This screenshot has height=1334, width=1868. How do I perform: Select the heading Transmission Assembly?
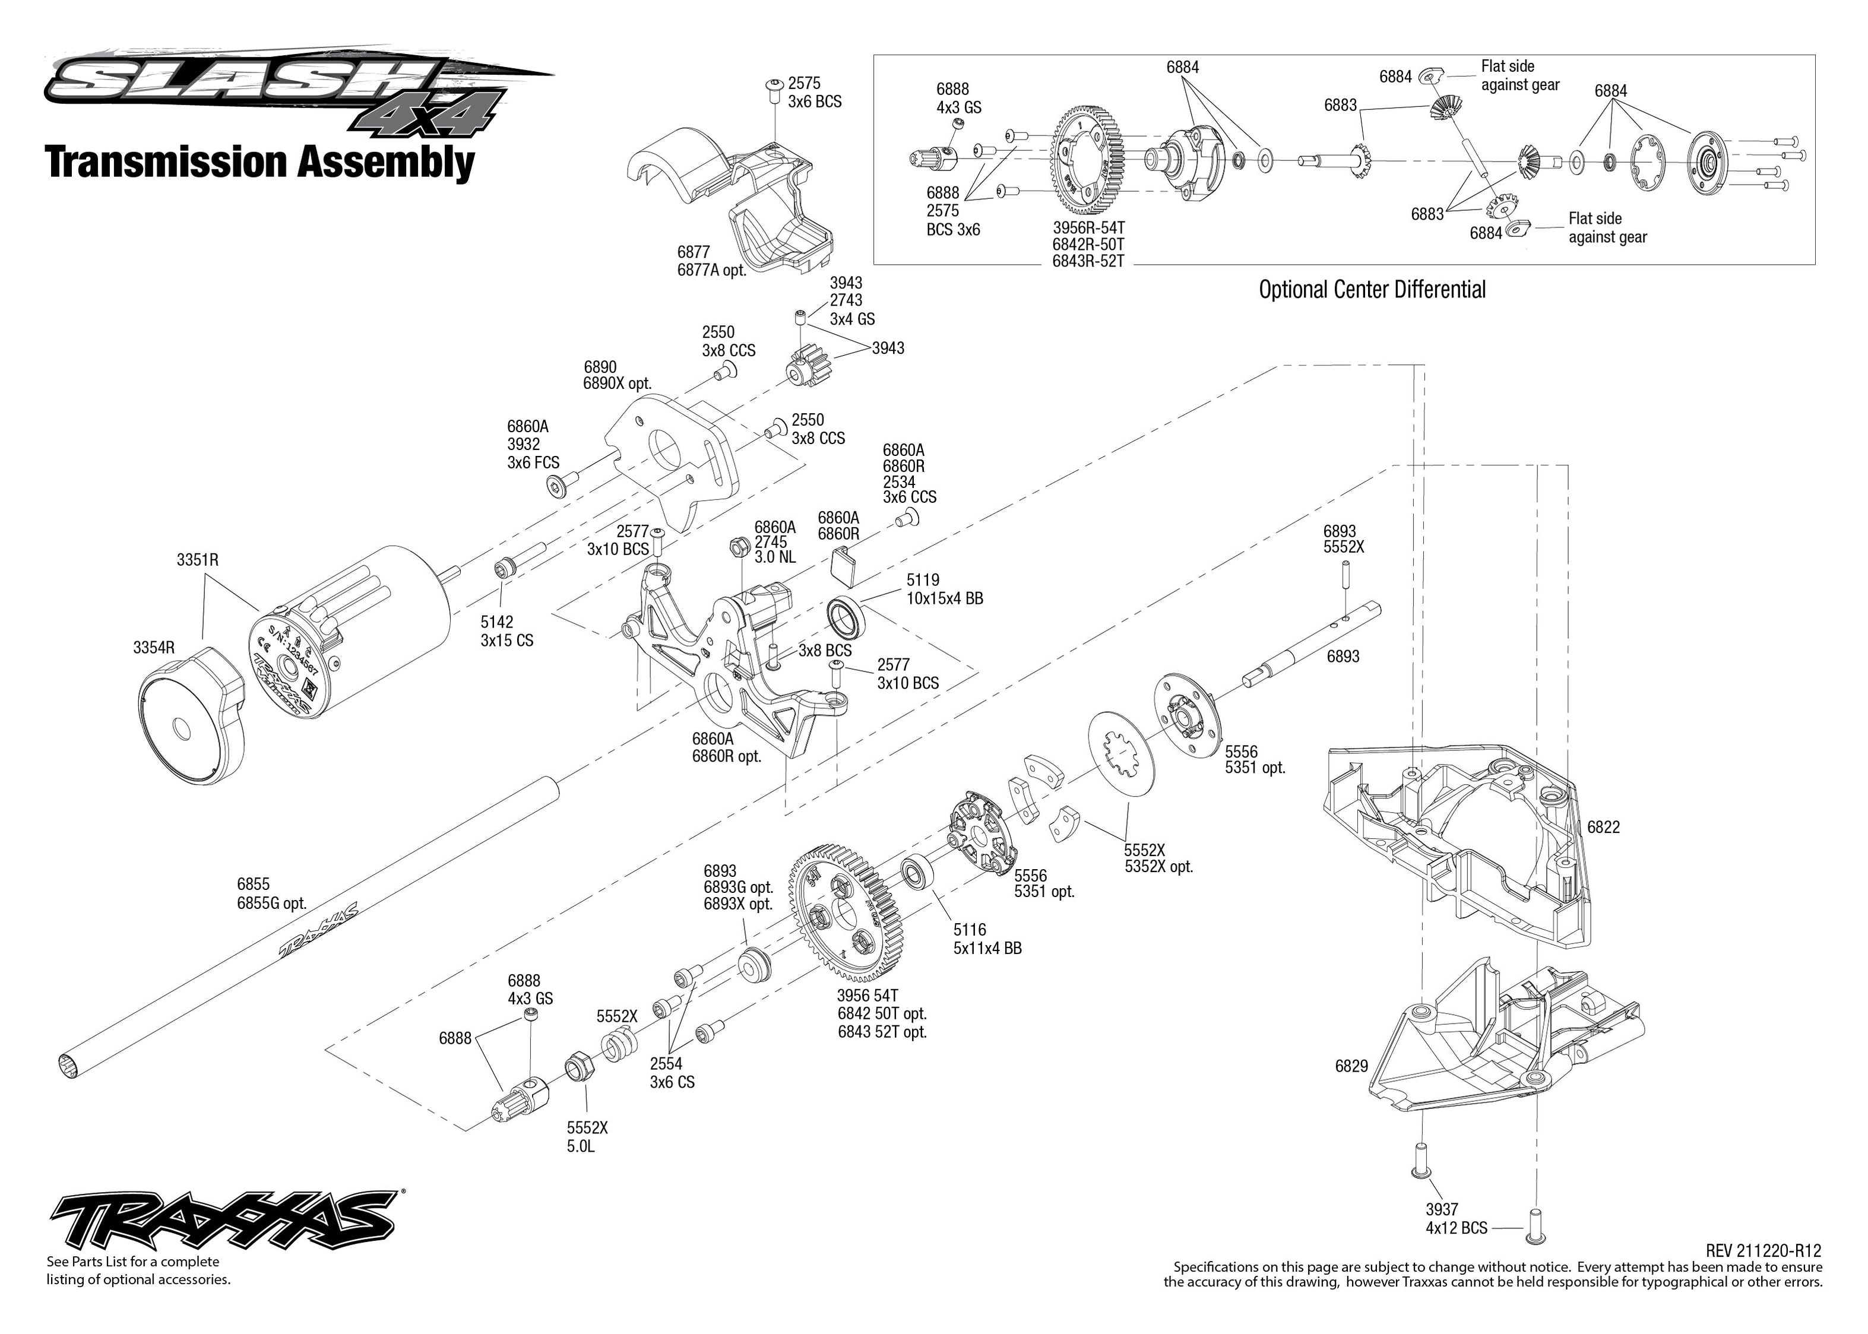coord(259,162)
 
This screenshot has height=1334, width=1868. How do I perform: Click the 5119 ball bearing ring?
coord(846,617)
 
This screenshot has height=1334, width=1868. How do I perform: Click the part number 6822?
coord(1603,827)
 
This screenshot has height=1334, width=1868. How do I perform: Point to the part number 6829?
coord(1351,1066)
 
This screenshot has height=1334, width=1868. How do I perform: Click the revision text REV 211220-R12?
coord(1763,1251)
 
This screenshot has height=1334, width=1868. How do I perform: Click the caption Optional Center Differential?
coord(1372,289)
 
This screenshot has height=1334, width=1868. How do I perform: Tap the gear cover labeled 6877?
coord(731,197)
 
